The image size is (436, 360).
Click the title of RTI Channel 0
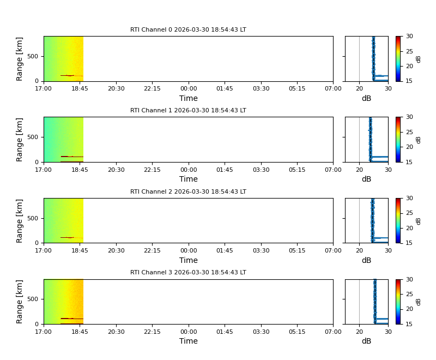(188, 30)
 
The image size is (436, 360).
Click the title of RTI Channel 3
(188, 272)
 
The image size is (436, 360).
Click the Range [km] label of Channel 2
(20, 220)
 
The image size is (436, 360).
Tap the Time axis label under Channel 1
(189, 179)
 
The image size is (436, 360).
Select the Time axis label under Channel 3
(189, 341)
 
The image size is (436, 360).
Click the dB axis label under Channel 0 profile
(366, 98)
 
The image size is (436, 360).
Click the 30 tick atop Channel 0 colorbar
(409, 37)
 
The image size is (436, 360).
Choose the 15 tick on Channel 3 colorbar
(409, 324)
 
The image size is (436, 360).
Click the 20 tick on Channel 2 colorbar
(409, 228)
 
